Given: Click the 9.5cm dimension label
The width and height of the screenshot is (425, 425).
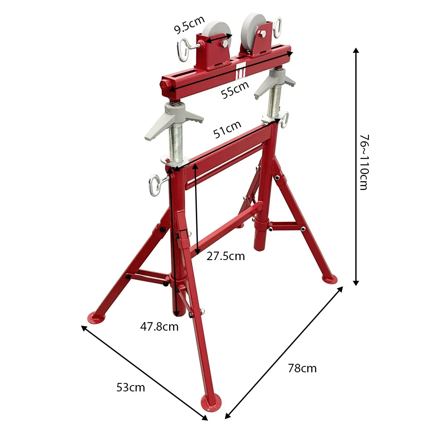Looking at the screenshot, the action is coord(189,25).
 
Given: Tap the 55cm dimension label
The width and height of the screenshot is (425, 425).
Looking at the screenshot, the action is coord(235,90).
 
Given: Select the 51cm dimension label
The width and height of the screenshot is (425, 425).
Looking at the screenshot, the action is coord(227,129).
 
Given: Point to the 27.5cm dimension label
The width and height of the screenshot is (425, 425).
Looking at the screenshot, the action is coord(226,256).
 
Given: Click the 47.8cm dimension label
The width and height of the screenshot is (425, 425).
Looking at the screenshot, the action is coord(159,326).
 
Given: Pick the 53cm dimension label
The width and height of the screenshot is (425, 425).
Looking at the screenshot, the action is coord(130,387).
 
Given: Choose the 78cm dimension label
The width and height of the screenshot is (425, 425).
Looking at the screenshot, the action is coord(302,368).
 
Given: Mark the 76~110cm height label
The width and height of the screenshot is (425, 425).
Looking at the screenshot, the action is coord(364,162).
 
